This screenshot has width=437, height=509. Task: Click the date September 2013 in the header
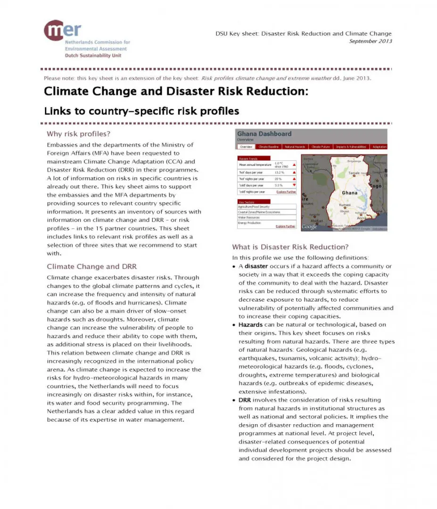point(371,41)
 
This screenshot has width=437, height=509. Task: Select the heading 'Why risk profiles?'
point(79,134)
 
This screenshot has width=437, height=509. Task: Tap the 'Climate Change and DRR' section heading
point(91,266)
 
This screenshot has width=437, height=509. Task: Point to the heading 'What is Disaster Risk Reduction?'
point(290,247)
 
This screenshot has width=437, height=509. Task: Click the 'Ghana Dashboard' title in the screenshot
point(264,134)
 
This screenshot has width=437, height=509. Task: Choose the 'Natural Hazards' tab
point(295,147)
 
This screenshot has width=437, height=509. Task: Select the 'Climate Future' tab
point(320,147)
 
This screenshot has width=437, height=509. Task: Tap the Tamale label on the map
point(355,173)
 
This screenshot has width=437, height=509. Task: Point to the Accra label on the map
point(362,218)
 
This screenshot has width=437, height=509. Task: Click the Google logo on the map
point(309,227)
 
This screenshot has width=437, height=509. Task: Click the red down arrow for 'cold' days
point(294,185)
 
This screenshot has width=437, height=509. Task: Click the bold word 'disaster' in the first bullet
point(256,266)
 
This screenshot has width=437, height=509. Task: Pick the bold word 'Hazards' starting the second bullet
point(250,325)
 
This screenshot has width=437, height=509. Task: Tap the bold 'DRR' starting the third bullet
point(245,400)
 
